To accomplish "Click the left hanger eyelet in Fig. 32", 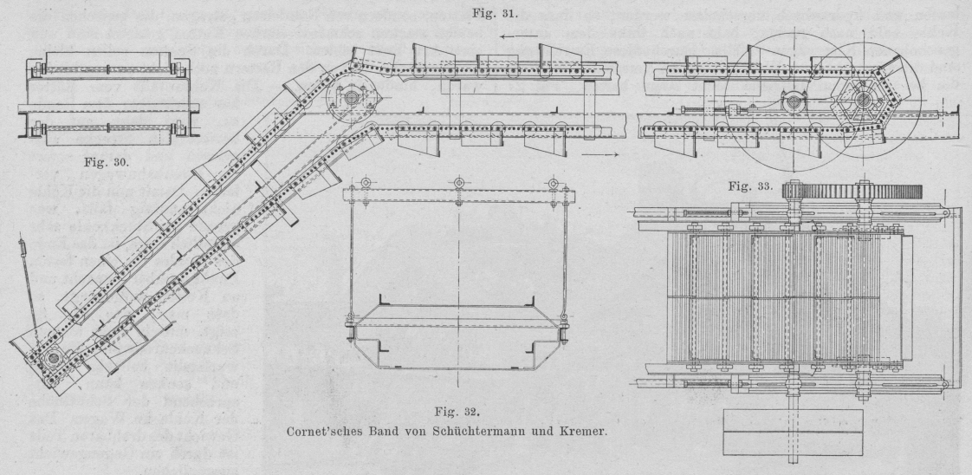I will click(366, 183).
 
